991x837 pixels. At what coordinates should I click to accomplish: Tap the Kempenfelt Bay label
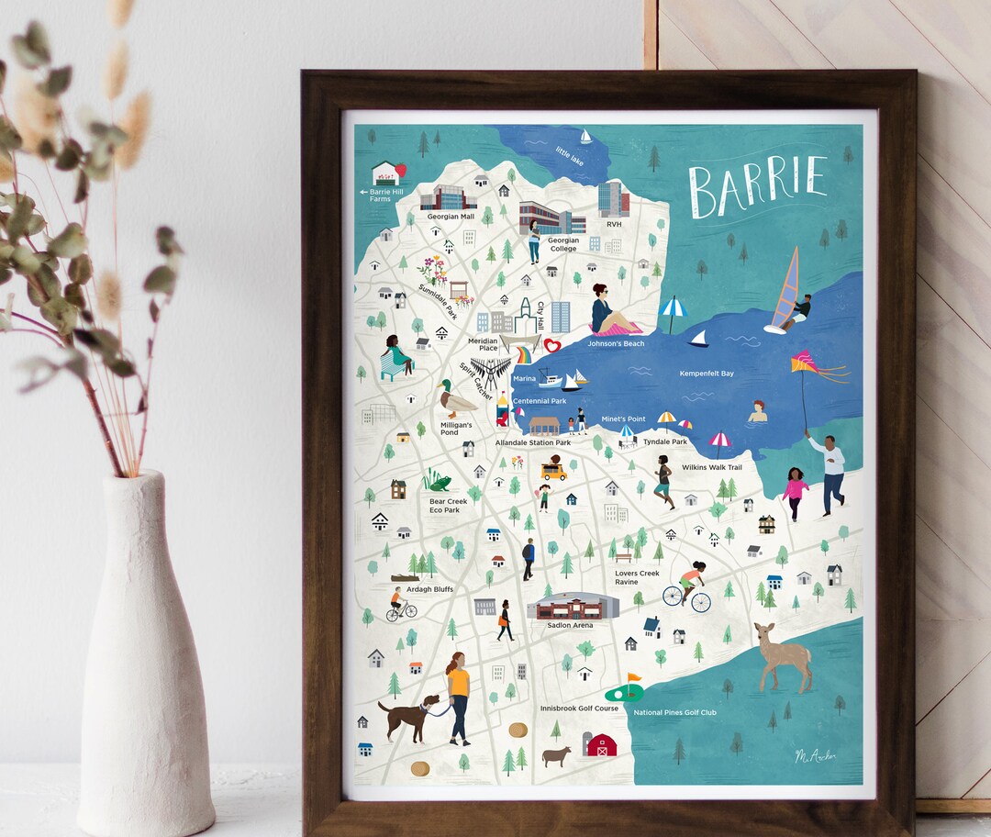706,374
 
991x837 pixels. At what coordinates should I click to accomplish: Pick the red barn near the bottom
601,743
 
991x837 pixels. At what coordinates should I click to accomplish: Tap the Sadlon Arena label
570,625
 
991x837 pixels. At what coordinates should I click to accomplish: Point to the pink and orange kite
807,367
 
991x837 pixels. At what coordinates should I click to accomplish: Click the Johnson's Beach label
616,343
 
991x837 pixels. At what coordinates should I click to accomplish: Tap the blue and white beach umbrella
673,308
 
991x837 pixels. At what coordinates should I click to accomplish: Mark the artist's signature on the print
815,755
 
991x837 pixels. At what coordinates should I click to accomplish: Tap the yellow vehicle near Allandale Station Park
553,471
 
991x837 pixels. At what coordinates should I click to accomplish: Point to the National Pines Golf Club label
674,712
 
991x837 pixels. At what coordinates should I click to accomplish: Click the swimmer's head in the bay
758,407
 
